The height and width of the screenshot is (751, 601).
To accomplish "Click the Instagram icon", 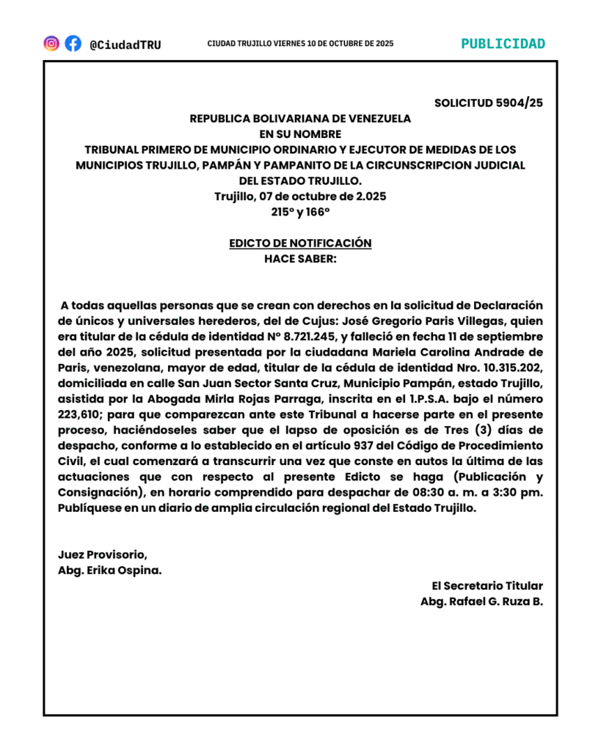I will click(x=51, y=43).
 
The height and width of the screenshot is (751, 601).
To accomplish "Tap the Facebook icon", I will click(x=73, y=43).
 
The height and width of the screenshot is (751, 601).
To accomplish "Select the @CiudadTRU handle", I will click(x=125, y=45).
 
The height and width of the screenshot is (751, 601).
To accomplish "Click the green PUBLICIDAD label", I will click(x=503, y=44).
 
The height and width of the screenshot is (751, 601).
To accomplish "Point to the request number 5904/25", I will click(x=519, y=103).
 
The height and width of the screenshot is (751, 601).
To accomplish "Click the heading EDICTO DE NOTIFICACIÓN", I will click(x=300, y=243).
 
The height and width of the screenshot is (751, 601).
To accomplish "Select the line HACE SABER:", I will click(x=300, y=258).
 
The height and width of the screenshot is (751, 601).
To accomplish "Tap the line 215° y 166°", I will click(x=300, y=211).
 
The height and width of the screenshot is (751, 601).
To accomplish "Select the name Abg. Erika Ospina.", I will click(x=110, y=571).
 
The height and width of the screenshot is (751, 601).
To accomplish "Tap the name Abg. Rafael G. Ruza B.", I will click(x=481, y=602).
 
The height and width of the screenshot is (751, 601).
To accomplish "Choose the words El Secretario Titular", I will click(x=487, y=586).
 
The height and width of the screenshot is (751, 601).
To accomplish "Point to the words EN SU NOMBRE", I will click(x=300, y=133).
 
